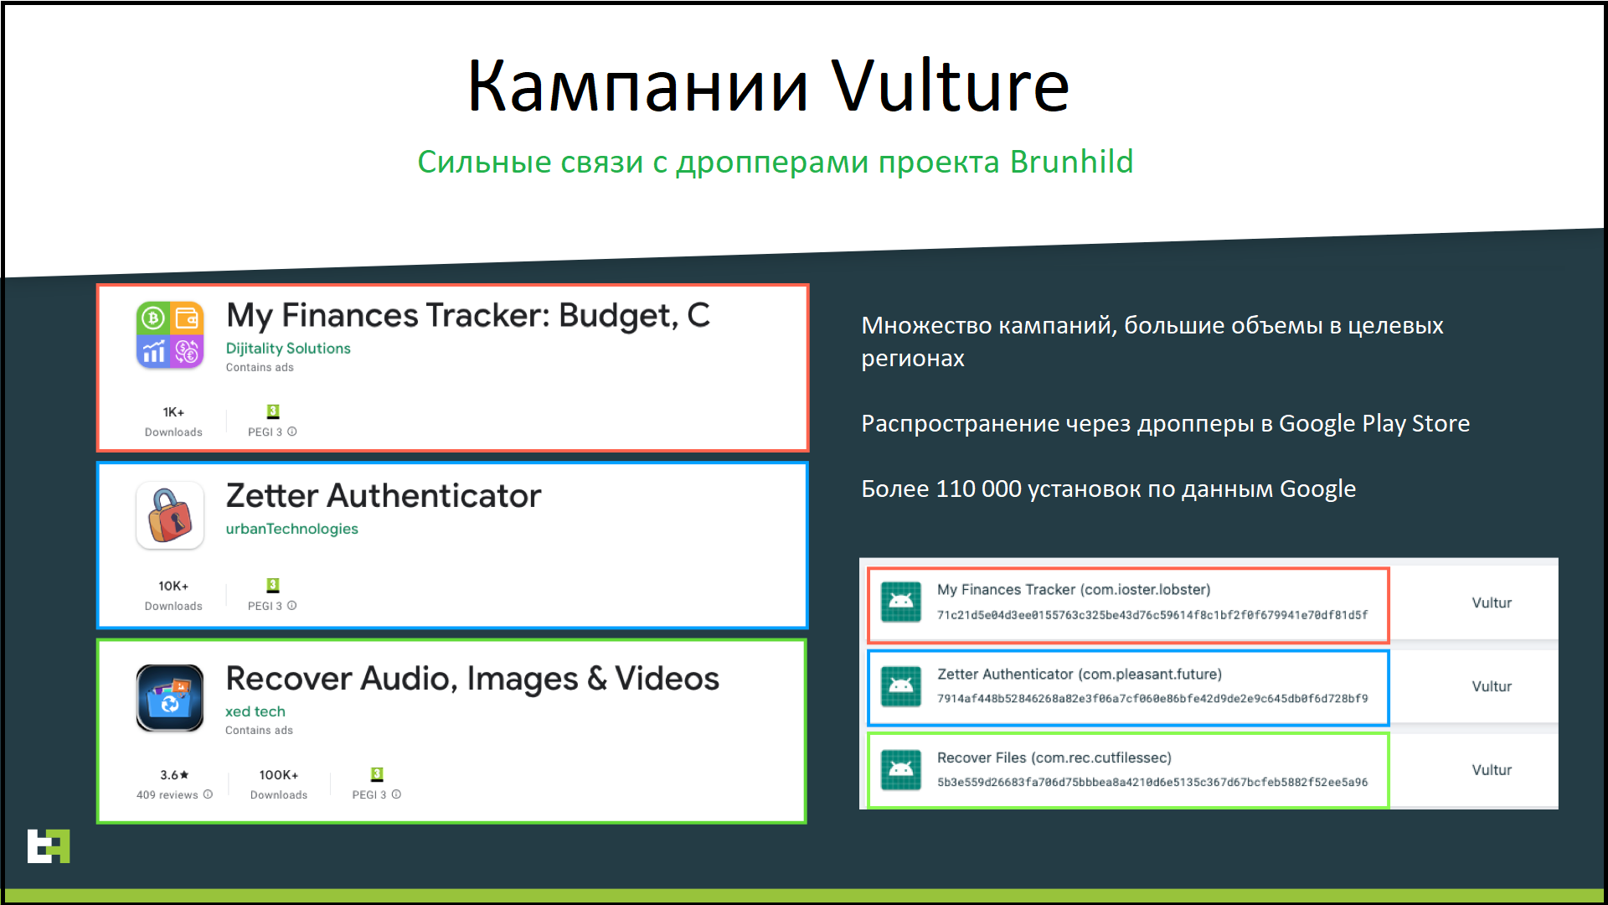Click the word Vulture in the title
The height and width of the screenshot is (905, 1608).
click(950, 85)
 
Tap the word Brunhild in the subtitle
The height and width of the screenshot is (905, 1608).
click(1071, 162)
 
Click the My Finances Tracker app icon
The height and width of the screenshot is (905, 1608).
click(170, 334)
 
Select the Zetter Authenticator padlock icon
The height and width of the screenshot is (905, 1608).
click(170, 515)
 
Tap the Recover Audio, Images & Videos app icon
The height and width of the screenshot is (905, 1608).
click(170, 698)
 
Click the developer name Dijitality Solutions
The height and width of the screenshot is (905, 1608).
click(288, 349)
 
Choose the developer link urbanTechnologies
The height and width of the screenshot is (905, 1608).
click(291, 529)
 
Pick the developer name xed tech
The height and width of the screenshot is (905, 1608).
click(255, 711)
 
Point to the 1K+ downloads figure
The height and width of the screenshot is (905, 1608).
click(173, 412)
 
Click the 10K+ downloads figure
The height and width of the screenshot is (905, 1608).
click(173, 586)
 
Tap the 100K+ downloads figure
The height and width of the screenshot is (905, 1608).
click(279, 775)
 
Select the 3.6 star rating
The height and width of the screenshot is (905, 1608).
click(174, 775)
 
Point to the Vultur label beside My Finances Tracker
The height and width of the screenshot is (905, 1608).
click(1492, 602)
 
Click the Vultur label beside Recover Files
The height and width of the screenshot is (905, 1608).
click(1492, 770)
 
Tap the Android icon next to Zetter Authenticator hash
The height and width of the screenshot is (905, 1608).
click(901, 686)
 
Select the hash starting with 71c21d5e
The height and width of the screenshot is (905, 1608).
click(1152, 615)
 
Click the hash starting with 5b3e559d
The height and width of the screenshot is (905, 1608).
click(1152, 783)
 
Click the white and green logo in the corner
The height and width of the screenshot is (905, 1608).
click(49, 846)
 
